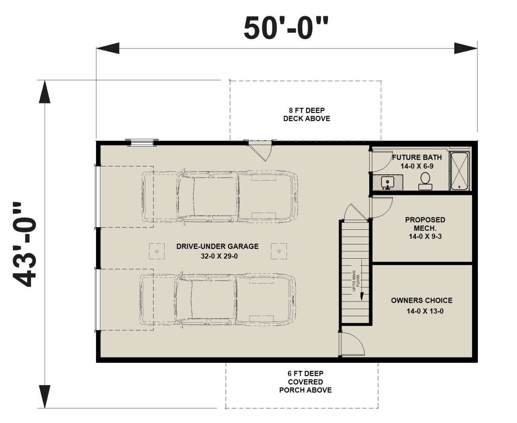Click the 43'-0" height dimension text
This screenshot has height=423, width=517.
click(x=25, y=244)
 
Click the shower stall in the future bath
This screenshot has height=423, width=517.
click(x=459, y=171)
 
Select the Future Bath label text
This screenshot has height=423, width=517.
click(x=417, y=157)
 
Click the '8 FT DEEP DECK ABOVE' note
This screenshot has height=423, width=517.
click(x=307, y=114)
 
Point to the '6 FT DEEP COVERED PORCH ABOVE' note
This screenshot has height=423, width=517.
click(x=305, y=382)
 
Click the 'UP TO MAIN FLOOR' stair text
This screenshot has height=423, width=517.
click(x=356, y=281)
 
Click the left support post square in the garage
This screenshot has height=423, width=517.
click(x=157, y=251)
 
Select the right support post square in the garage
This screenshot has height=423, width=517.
click(x=279, y=251)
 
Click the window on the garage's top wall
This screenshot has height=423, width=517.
click(x=141, y=142)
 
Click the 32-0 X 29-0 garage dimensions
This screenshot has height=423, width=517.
click(x=219, y=257)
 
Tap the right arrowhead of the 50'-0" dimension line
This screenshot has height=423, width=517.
click(x=466, y=48)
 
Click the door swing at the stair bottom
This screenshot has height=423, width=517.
click(x=353, y=344)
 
